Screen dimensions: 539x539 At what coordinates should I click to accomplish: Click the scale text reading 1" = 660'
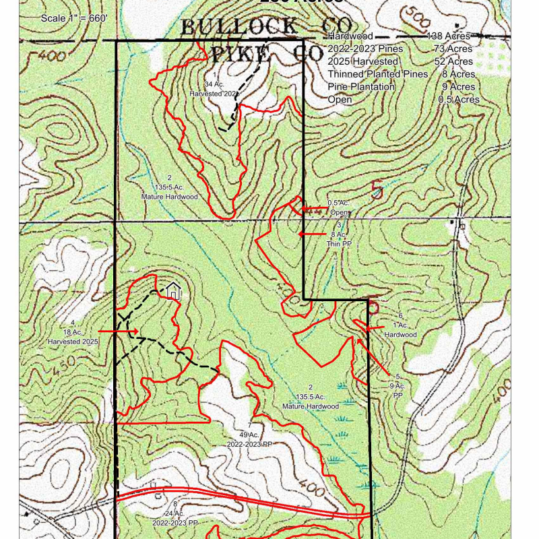pyautogui.click(x=74, y=18)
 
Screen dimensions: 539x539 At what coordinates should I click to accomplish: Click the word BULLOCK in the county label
pyautogui.click(x=239, y=27)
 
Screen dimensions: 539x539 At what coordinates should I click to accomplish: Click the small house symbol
pyautogui.click(x=173, y=291)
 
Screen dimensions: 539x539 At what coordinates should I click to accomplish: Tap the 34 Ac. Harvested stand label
pyautogui.click(x=214, y=84)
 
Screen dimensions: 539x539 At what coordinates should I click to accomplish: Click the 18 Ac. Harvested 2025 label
pyautogui.click(x=73, y=332)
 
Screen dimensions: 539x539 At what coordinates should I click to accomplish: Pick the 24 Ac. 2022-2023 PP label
pyautogui.click(x=175, y=513)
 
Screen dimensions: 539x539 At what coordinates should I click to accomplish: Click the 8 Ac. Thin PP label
pyautogui.click(x=339, y=234)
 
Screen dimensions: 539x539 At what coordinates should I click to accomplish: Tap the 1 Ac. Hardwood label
pyautogui.click(x=400, y=325)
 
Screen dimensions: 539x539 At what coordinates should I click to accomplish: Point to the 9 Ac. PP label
pyautogui.click(x=398, y=386)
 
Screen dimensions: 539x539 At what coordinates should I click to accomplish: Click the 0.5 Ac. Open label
pyautogui.click(x=339, y=208)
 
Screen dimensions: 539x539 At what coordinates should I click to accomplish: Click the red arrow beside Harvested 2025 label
pyautogui.click(x=119, y=331)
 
